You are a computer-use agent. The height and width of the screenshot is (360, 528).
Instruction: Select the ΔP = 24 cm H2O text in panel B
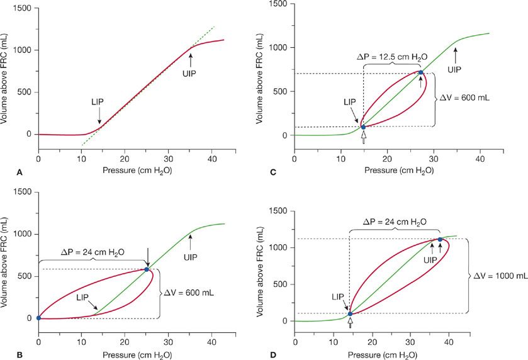[x=93, y=252]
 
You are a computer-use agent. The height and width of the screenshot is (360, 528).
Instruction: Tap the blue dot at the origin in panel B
[x=38, y=318]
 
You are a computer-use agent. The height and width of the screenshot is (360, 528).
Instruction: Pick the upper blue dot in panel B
[x=147, y=269]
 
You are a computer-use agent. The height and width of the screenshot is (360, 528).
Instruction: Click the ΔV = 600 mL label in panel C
[x=463, y=98]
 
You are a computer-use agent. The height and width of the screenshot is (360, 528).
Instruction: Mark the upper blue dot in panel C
[x=420, y=72]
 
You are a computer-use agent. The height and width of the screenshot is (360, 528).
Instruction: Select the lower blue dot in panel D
[x=350, y=313]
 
